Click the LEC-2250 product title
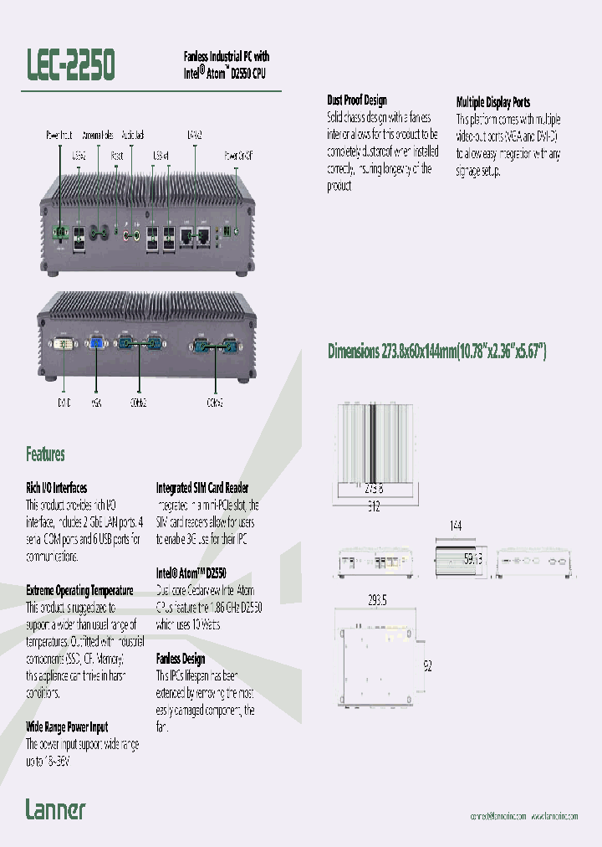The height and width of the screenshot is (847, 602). pos(70,64)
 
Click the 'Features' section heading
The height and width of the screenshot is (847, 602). pos(45,454)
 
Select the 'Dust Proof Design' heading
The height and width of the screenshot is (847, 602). pos(356,100)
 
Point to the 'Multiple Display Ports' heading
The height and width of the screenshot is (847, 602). pos(492,102)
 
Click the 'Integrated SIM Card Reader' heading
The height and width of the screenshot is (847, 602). pos(202,487)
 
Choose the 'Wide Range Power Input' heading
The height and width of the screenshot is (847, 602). pos(67,727)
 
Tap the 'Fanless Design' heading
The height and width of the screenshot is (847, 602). pos(180,659)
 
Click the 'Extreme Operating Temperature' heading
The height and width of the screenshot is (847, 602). pos(79,591)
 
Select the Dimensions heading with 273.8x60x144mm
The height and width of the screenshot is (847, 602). pos(436,352)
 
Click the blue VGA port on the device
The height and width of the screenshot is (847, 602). pos(96,343)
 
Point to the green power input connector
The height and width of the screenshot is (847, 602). pos(59,234)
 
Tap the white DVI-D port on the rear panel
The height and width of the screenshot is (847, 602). pos(64,343)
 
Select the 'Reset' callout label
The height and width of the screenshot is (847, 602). pos(117,155)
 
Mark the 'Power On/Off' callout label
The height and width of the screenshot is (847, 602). pos(238,155)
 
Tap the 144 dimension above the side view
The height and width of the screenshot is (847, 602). pos(457,526)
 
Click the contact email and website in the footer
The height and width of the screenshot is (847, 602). pos(522,816)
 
